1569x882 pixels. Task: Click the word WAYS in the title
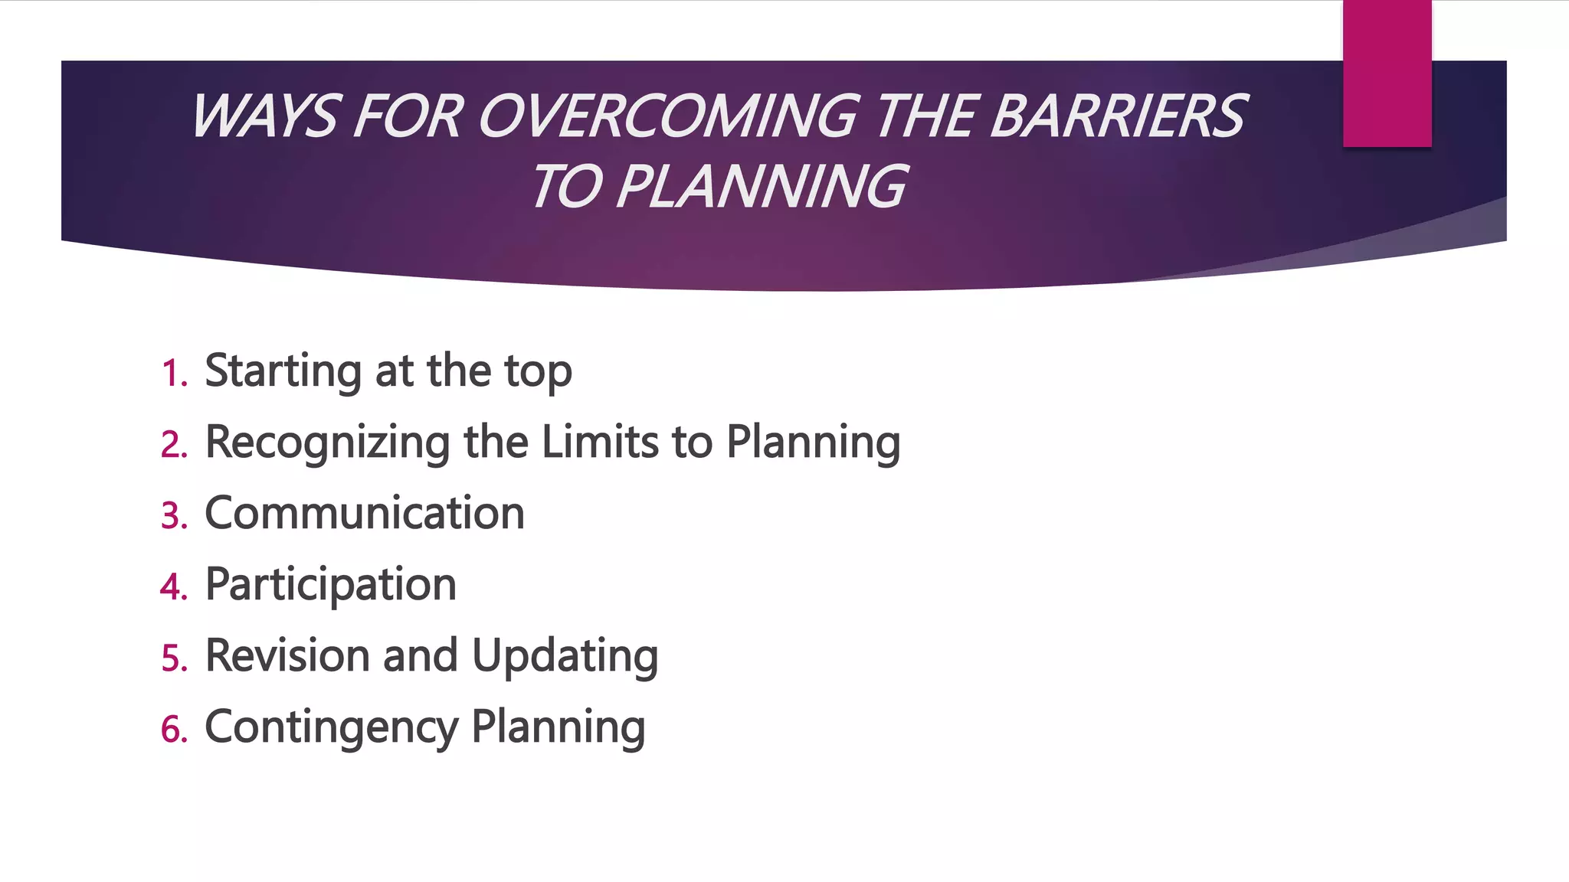[264, 117]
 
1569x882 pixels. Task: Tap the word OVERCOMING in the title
[668, 117]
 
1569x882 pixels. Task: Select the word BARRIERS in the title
[1119, 117]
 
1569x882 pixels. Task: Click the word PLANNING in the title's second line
[762, 187]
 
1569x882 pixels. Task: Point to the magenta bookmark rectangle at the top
[1387, 73]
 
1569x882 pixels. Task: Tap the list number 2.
[174, 445]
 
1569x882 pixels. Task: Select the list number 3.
[174, 516]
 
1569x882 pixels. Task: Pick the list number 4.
[174, 587]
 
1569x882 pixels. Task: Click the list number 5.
[174, 658]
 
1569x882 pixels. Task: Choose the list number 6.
[174, 730]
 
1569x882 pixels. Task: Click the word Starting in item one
[283, 372]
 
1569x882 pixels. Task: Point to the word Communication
[365, 513]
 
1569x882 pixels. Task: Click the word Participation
[331, 586]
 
